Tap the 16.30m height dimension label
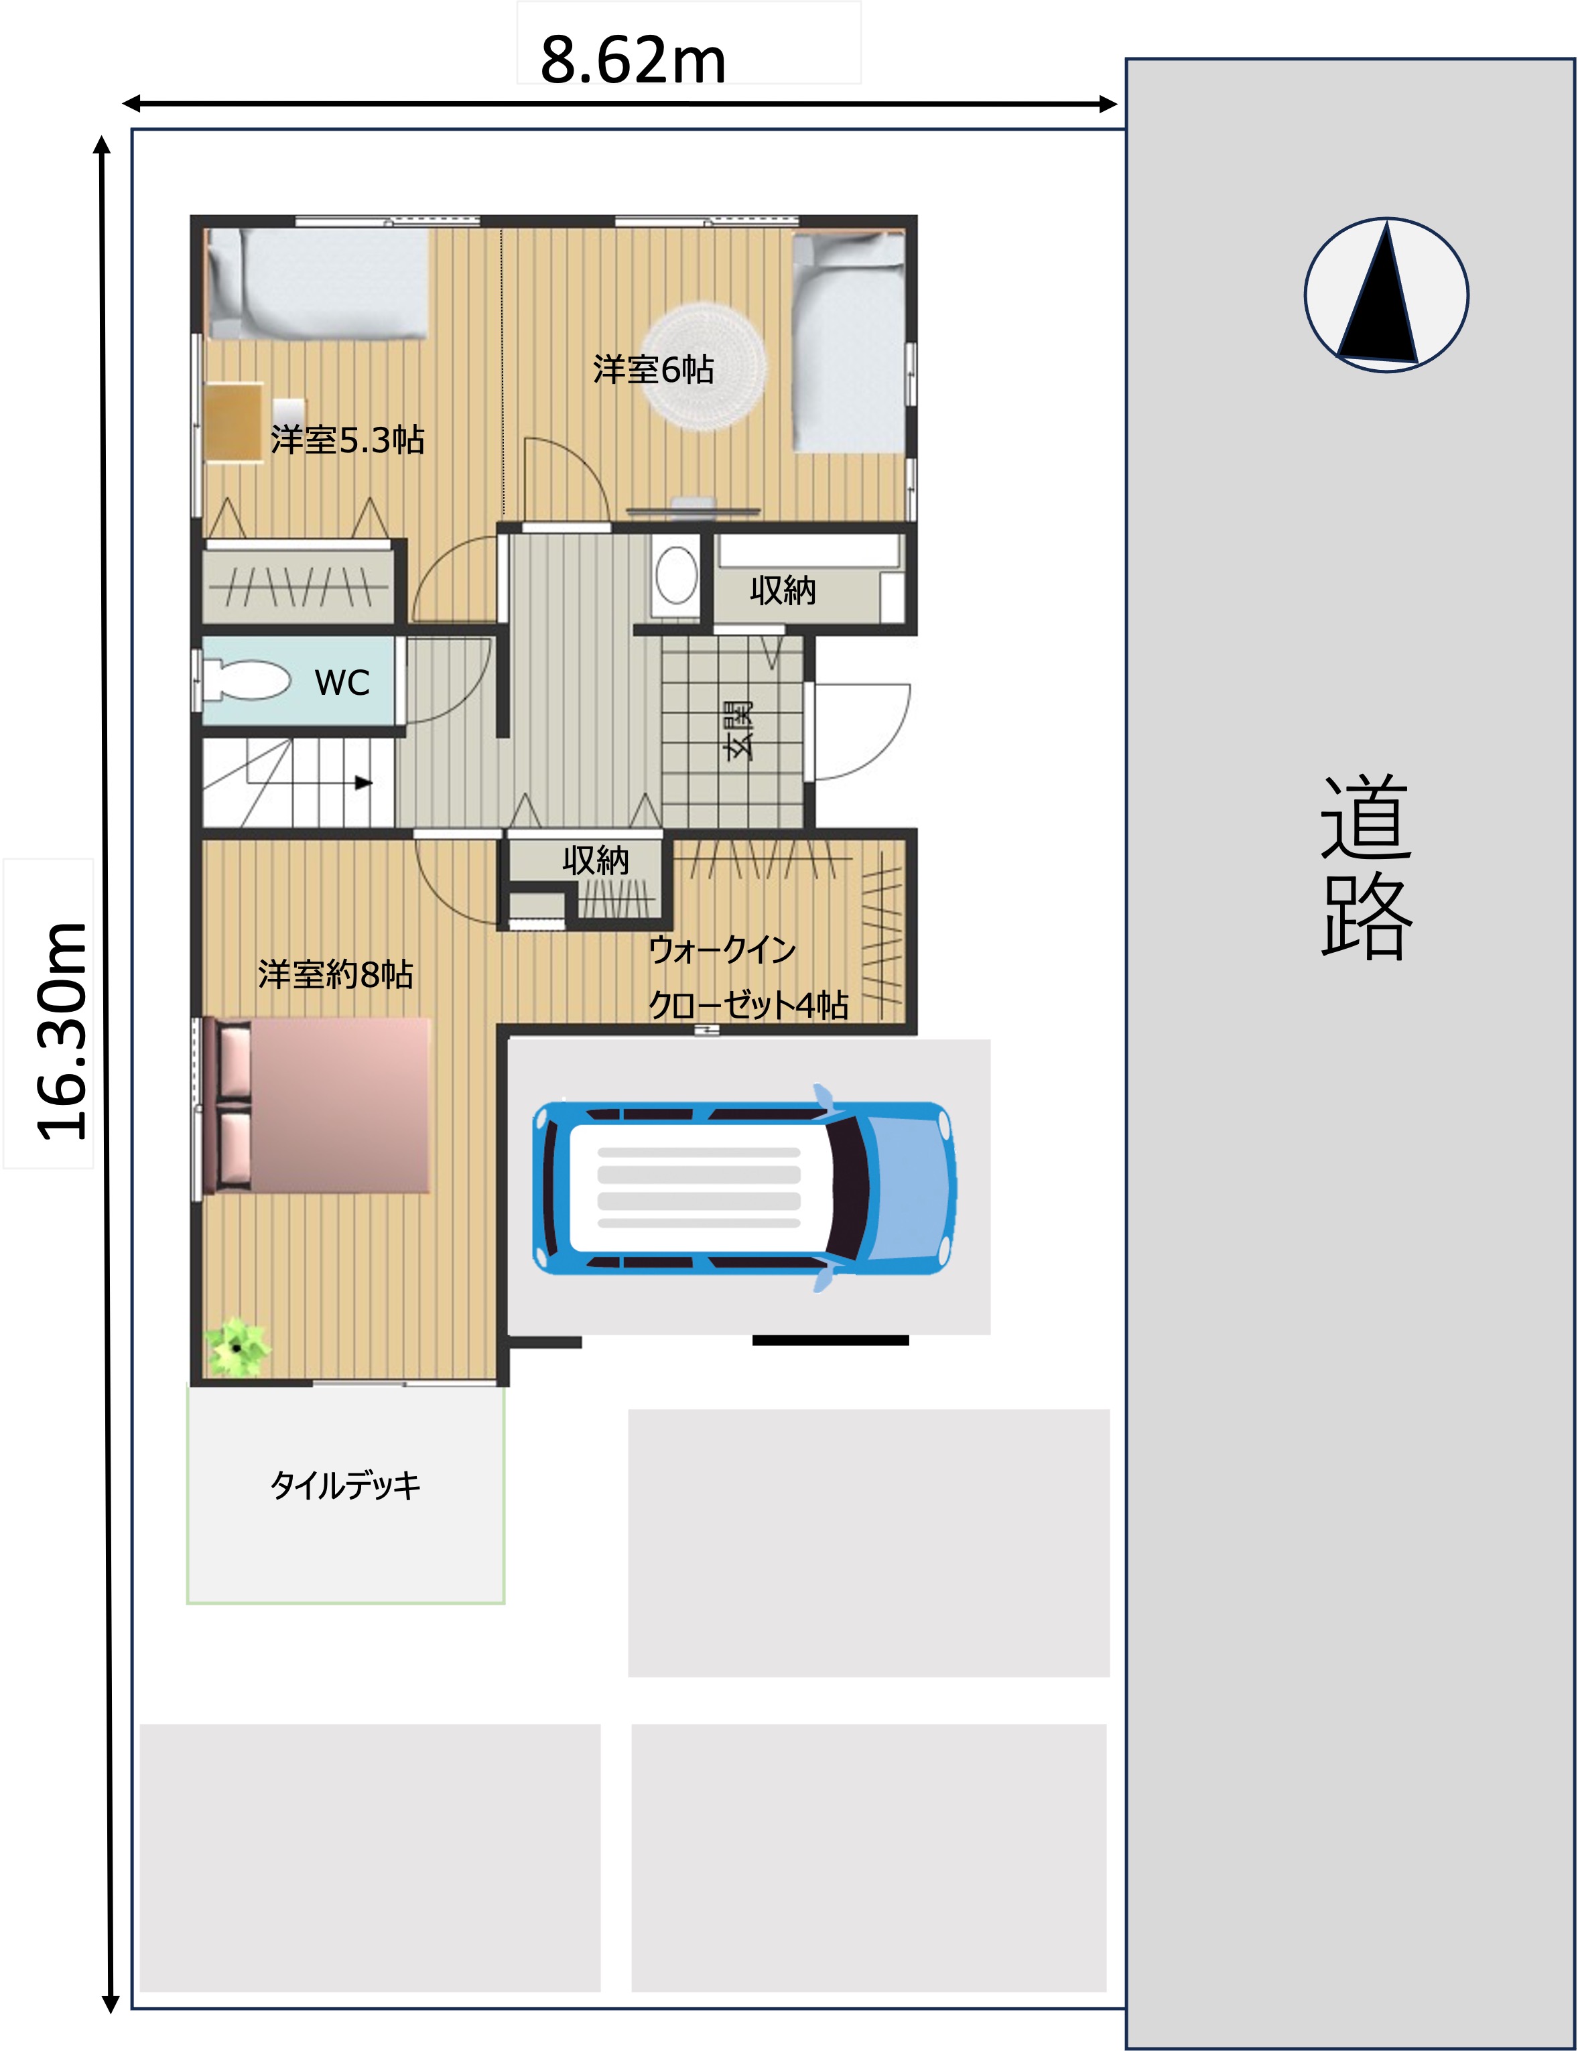62,1031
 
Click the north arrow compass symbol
1386,295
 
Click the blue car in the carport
744,1188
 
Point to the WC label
342,683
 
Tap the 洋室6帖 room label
653,369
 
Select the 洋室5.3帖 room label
348,440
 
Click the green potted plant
238,1347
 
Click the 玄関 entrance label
738,729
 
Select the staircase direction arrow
363,782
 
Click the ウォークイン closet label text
722,949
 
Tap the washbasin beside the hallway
675,576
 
